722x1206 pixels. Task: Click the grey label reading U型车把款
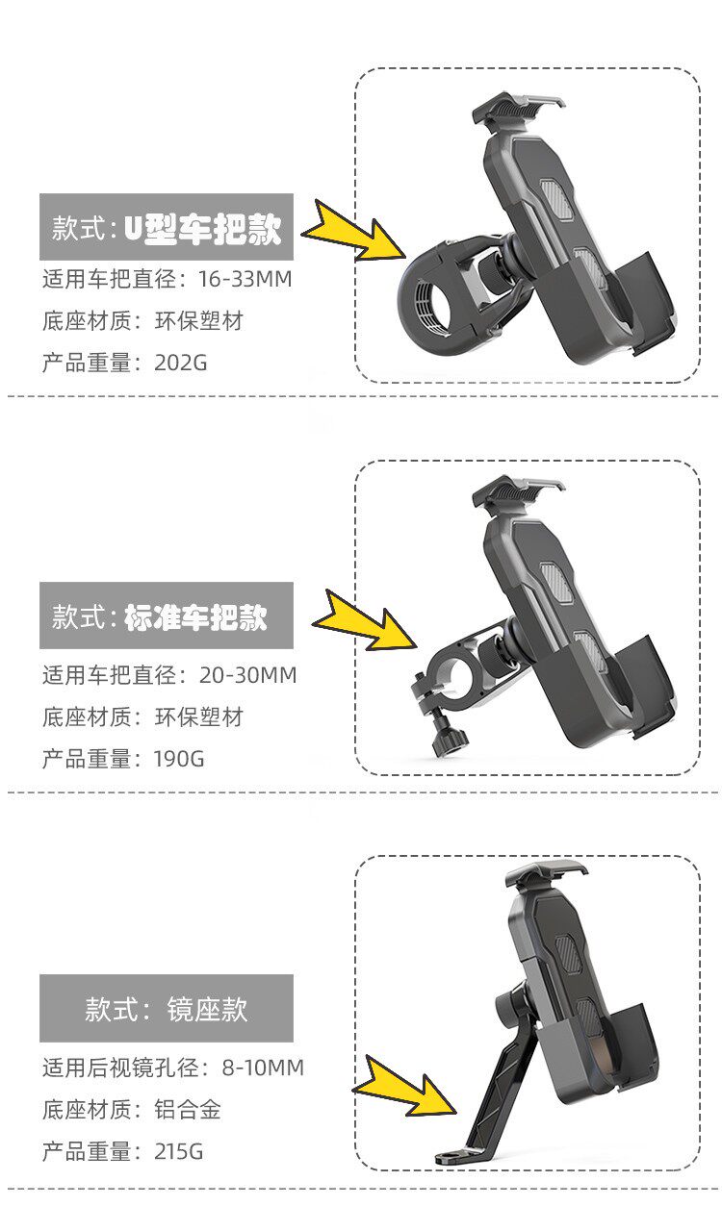pyautogui.click(x=167, y=227)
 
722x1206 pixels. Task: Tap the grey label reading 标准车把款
pyautogui.click(x=167, y=616)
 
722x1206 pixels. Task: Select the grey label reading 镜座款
pyautogui.click(x=167, y=1008)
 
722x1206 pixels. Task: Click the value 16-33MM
pyautogui.click(x=245, y=279)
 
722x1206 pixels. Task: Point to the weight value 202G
pyautogui.click(x=181, y=363)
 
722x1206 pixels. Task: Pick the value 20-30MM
pyautogui.click(x=247, y=674)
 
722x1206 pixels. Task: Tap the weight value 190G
pyautogui.click(x=179, y=759)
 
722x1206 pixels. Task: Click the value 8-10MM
pyautogui.click(x=263, y=1068)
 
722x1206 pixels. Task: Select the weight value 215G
pyautogui.click(x=179, y=1151)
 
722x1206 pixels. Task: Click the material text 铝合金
pyautogui.click(x=188, y=1109)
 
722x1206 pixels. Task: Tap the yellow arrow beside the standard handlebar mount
pyautogui.click(x=364, y=620)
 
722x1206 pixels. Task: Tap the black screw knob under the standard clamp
pyautogui.click(x=449, y=741)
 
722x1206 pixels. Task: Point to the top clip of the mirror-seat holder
pyautogui.click(x=545, y=874)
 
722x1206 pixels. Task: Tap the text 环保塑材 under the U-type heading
pyautogui.click(x=199, y=321)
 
